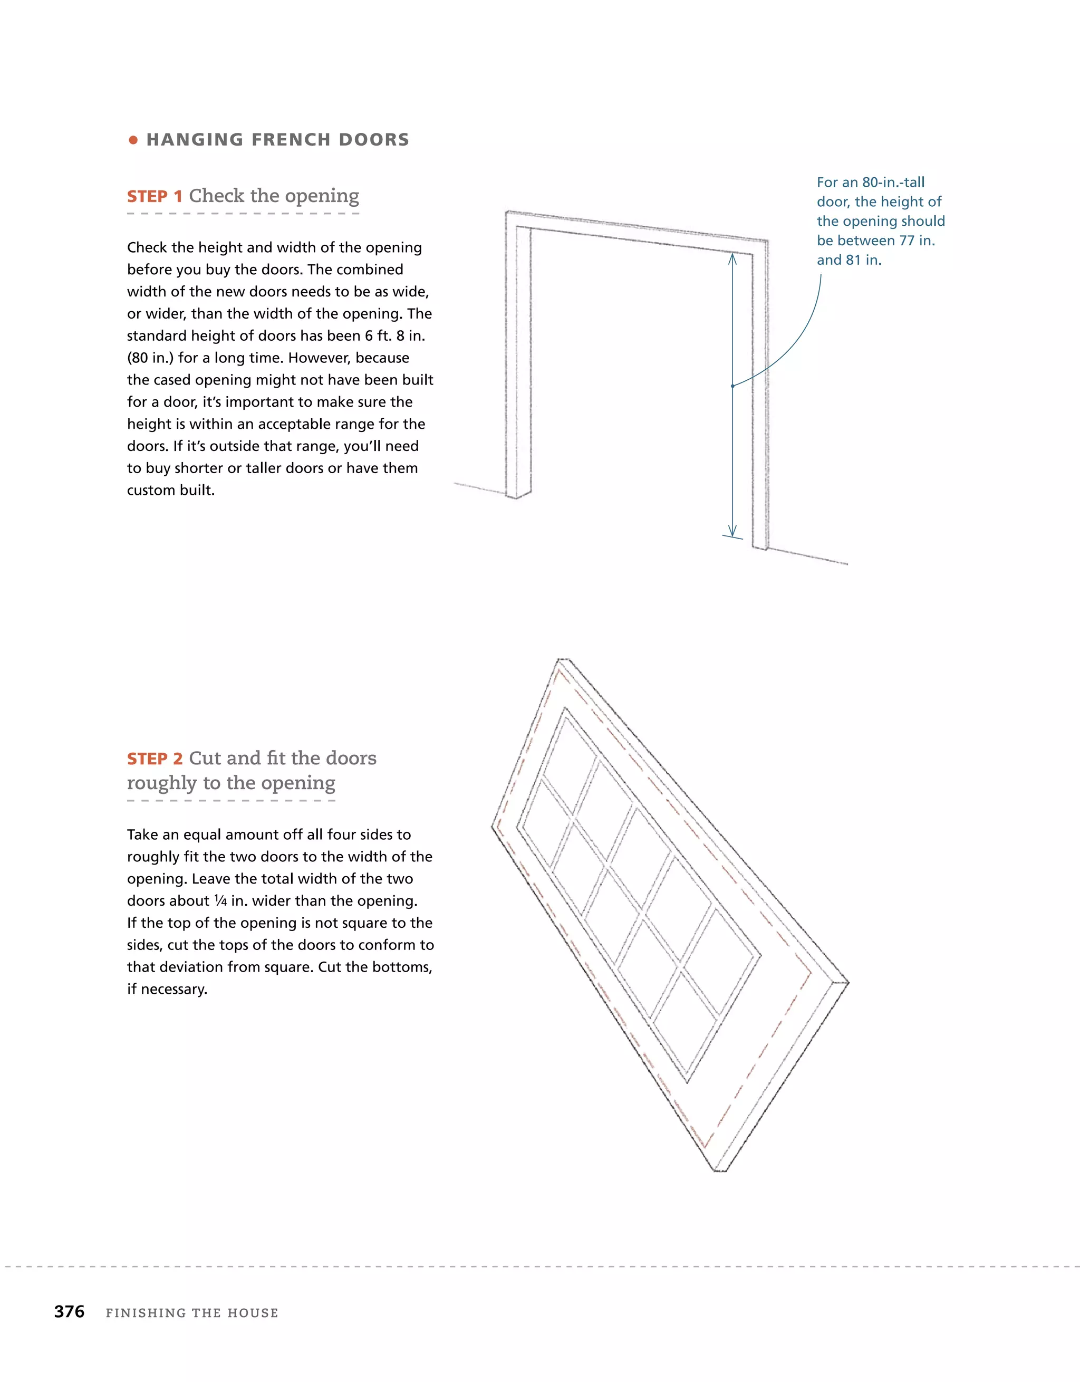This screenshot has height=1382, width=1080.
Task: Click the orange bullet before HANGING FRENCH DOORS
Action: click(x=133, y=140)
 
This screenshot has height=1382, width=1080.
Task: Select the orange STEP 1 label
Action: click(x=155, y=197)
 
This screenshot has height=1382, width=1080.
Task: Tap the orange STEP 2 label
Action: click(x=155, y=759)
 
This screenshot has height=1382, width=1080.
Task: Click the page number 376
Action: click(x=70, y=1312)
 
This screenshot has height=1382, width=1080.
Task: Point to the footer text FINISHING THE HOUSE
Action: click(x=192, y=1313)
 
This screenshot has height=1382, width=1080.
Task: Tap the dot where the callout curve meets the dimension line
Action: click(x=732, y=386)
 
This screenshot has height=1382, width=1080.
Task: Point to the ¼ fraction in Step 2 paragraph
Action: click(x=220, y=901)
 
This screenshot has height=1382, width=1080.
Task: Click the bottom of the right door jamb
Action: click(x=760, y=546)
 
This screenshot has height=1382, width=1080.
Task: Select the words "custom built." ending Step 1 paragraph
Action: click(x=171, y=491)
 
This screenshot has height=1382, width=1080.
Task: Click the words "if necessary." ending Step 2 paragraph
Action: click(x=167, y=990)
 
